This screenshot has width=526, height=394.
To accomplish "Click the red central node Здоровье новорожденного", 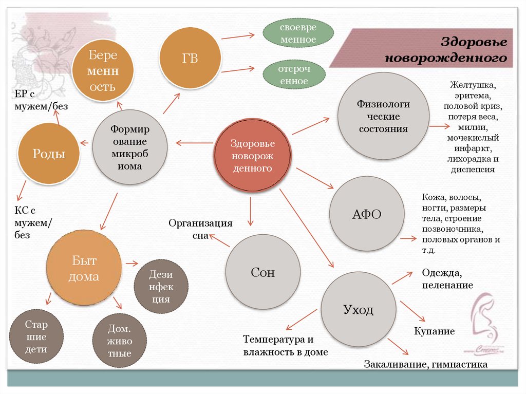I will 252,155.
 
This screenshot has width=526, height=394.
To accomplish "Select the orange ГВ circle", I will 190,59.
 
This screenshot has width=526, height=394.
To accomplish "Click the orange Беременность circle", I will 103,71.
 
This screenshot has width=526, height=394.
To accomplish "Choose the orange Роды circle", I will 49,154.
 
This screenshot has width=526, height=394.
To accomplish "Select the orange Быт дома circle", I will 83,269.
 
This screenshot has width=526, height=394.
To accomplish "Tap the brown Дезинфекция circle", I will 161,287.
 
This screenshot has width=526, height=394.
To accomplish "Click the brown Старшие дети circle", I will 36,337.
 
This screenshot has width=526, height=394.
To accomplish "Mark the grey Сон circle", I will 263,272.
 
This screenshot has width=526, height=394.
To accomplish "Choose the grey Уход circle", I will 358,310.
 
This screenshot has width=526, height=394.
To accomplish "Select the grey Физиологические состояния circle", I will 383,116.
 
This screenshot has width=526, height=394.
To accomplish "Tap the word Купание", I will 435,331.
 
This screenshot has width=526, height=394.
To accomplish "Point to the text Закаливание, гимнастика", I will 425,365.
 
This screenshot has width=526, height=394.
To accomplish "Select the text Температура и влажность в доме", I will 286,346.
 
